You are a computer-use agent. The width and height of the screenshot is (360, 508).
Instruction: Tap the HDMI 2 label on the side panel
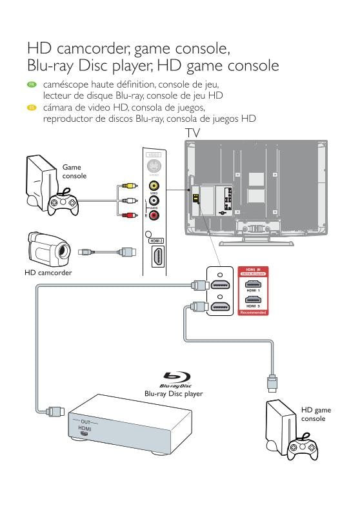point(155,240)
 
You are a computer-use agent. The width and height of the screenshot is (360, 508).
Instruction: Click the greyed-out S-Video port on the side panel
point(154,165)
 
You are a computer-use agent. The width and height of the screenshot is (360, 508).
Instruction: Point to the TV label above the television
point(192,132)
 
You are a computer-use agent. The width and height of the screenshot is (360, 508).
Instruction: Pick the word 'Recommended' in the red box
point(253,312)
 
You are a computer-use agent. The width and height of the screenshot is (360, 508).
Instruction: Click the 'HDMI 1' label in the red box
point(253,291)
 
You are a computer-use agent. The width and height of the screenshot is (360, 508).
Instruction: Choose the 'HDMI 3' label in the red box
point(253,306)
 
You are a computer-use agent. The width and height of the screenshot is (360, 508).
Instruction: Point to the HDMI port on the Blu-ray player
point(84,435)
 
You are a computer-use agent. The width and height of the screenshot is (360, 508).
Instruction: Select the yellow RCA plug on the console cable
point(128,186)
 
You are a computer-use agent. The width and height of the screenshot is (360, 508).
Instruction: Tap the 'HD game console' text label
point(315,414)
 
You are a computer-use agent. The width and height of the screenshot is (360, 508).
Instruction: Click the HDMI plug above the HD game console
point(273,383)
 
